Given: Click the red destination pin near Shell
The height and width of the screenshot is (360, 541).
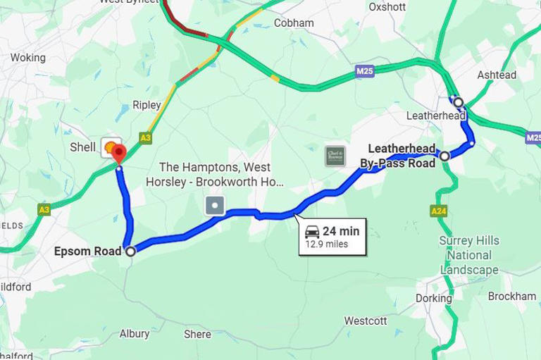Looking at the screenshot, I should [118, 152].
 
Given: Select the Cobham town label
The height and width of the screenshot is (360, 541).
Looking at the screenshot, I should [294, 23].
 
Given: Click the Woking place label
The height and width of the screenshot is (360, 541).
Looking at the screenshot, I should [27, 58].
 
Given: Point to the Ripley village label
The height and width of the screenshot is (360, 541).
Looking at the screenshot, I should [147, 106].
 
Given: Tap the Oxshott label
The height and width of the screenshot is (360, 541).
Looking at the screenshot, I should [387, 7].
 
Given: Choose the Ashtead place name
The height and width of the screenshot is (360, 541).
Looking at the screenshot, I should [497, 75].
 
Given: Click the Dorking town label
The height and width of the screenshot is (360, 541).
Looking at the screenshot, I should [433, 298].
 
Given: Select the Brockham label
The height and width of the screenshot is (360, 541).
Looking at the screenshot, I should [512, 297].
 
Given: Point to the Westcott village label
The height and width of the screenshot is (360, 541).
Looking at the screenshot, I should [365, 321].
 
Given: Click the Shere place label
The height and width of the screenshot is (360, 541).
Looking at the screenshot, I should [197, 334].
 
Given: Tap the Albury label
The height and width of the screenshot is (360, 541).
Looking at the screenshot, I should [134, 333].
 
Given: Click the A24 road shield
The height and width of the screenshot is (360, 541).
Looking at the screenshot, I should [438, 211].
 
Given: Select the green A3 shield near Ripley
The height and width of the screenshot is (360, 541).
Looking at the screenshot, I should [146, 138].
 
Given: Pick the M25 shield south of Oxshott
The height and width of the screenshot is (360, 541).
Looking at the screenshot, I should [364, 71].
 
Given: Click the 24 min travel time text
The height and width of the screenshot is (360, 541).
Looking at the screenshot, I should [341, 231].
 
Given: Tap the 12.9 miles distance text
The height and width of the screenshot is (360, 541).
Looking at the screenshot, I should [326, 244].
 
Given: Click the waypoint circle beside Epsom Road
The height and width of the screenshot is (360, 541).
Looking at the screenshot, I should [130, 251].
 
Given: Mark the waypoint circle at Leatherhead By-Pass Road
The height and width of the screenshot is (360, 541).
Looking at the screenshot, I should [444, 156].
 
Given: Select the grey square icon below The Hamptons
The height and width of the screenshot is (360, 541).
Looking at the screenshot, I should [215, 206].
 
